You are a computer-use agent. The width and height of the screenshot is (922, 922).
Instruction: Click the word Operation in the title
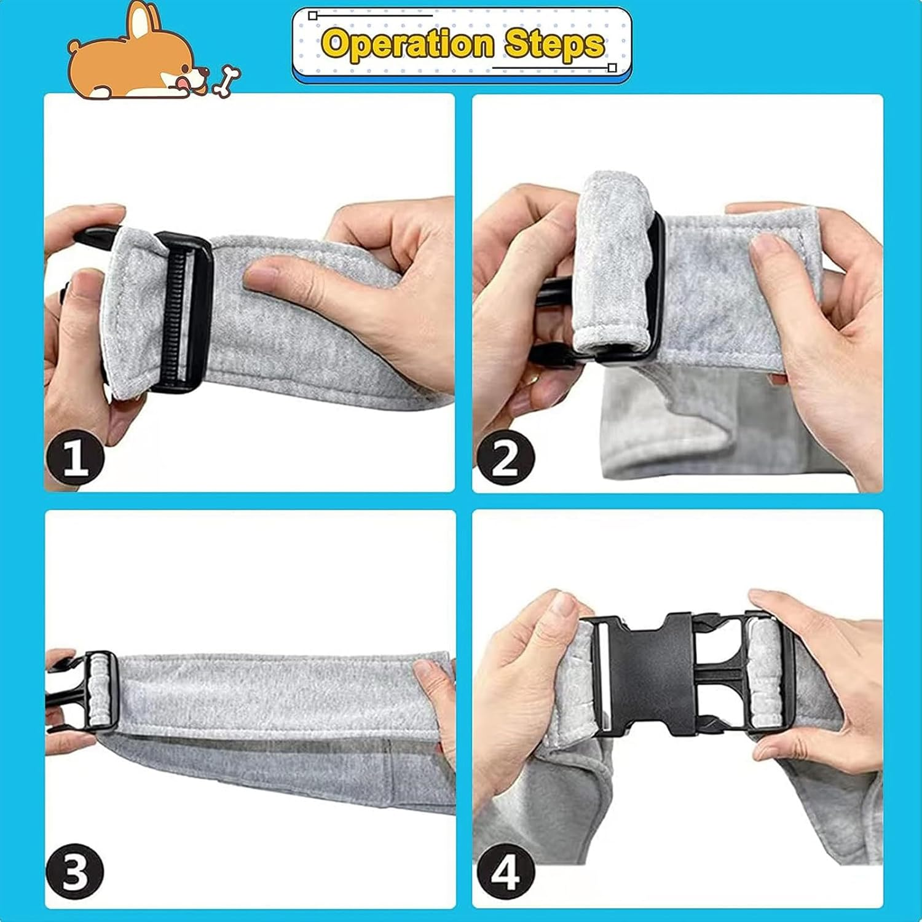[x=407, y=44]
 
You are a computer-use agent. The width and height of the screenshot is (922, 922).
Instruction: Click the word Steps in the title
[x=554, y=44]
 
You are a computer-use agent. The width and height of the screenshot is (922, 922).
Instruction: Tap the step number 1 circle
[x=76, y=458]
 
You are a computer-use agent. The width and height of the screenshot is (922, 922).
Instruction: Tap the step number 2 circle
[x=505, y=458]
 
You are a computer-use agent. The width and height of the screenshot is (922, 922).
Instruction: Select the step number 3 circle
[x=76, y=872]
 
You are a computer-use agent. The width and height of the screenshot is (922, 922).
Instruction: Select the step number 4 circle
[x=505, y=872]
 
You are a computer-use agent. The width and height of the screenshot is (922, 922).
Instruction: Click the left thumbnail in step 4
[x=562, y=603]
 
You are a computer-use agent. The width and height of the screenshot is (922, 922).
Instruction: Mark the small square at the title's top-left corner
[x=313, y=15]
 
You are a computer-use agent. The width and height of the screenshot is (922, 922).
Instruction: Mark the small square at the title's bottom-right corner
[x=612, y=68]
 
